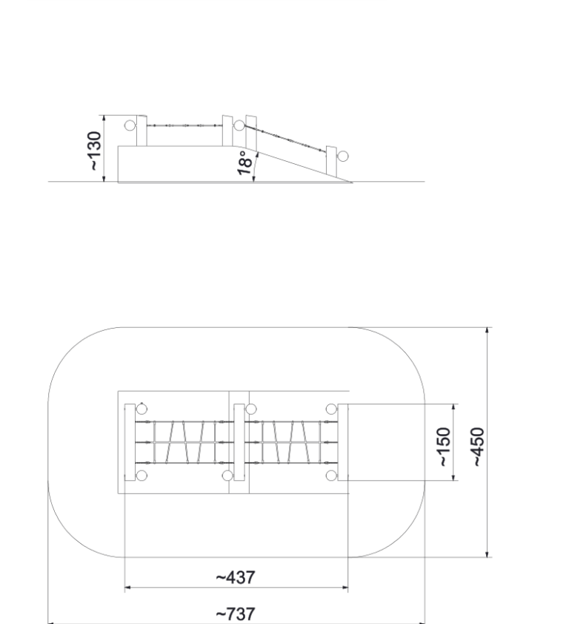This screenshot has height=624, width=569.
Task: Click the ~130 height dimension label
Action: [95, 151]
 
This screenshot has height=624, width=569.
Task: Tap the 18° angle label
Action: [244, 162]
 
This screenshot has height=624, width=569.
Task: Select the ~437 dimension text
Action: [236, 577]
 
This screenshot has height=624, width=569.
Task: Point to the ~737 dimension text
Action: [236, 614]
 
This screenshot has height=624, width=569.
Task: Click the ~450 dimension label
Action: [478, 447]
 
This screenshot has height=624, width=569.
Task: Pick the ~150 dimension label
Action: [444, 447]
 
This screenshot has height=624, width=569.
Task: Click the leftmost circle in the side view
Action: [130, 125]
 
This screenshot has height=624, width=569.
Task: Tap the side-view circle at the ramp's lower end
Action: [343, 156]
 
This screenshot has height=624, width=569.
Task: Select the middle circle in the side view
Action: [239, 125]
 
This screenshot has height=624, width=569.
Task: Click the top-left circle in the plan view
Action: [142, 409]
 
